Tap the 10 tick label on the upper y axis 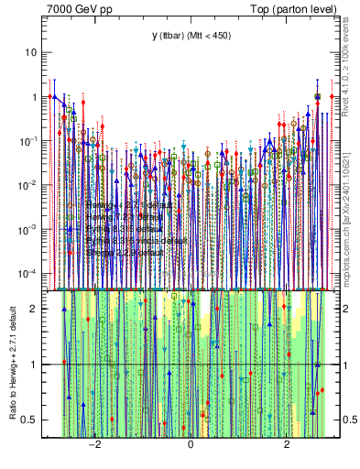(33, 52)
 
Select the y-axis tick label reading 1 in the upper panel (36, 96)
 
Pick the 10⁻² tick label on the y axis (31, 184)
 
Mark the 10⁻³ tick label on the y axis (31, 229)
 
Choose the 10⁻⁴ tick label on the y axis (31, 273)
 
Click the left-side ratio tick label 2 (36, 308)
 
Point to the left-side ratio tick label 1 (36, 365)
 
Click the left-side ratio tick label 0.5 (32, 420)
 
